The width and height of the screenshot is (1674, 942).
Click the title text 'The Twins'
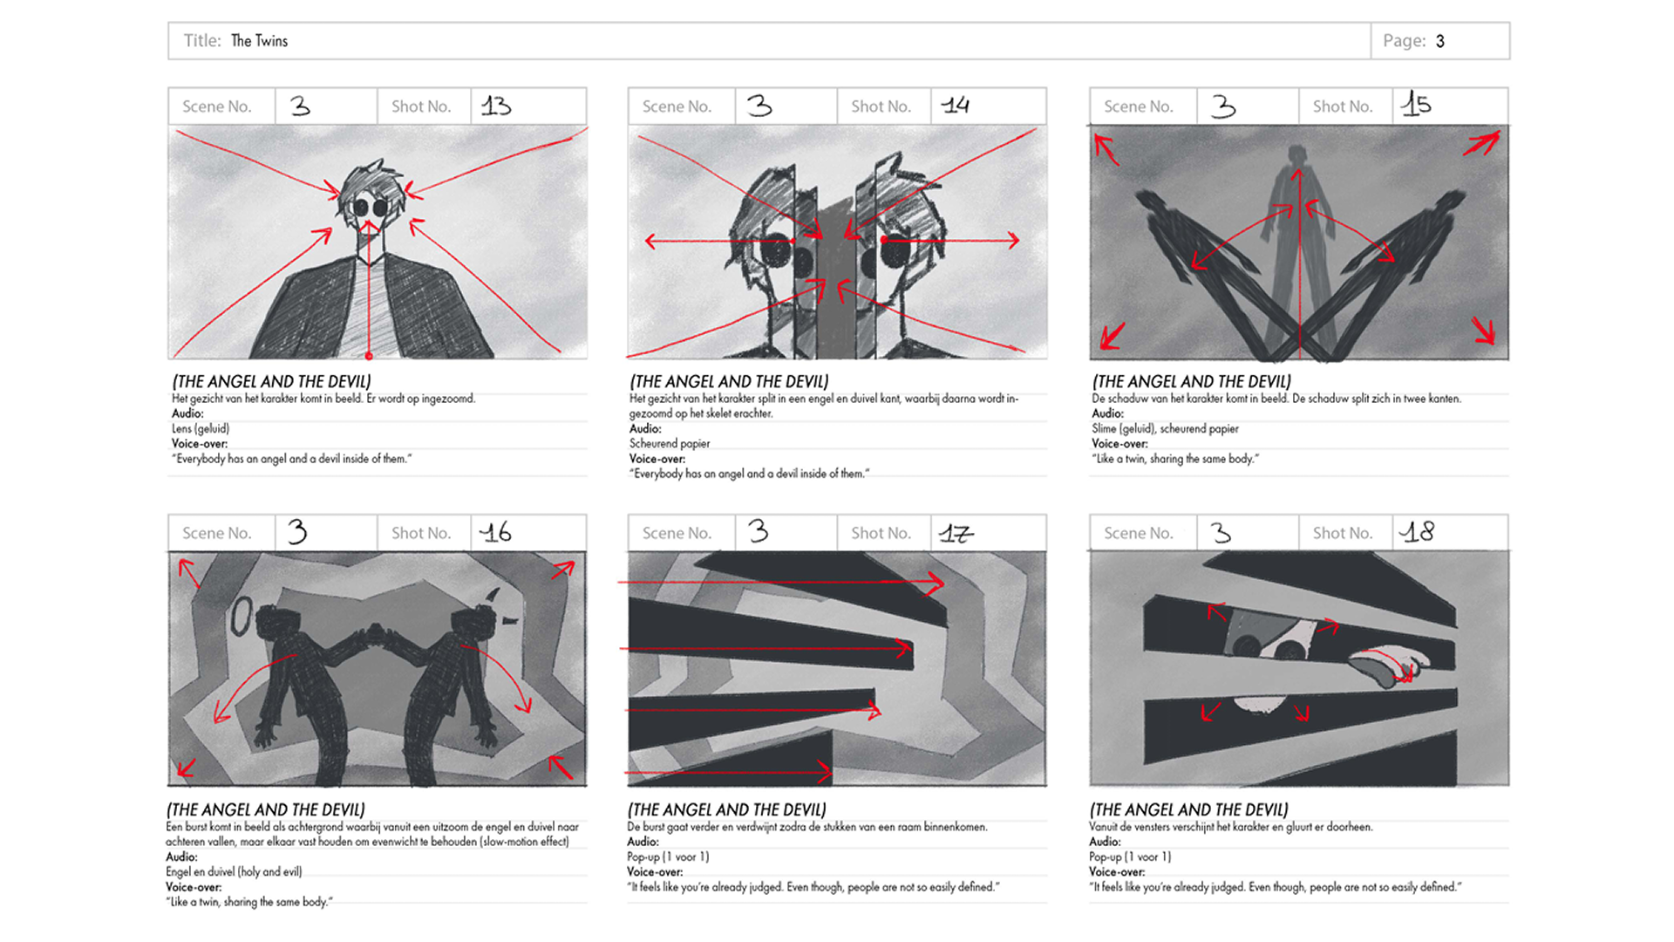[x=259, y=41]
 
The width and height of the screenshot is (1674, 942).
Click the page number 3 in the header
[x=1440, y=41]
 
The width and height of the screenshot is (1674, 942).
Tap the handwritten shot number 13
[x=496, y=106]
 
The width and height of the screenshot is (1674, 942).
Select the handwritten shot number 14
[x=956, y=106]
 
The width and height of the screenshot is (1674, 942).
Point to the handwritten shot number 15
[x=1416, y=105]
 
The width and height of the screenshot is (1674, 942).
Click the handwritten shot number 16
[x=496, y=532]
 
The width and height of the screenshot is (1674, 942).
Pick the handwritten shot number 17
[x=956, y=532]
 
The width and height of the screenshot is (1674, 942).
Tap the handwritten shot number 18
[x=1418, y=531]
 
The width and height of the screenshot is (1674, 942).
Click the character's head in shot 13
[x=372, y=196]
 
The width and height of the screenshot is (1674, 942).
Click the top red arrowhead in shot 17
[x=935, y=582]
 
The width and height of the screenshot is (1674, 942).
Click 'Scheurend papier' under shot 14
[x=670, y=444]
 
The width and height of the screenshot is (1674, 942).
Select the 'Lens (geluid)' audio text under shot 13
[x=201, y=429]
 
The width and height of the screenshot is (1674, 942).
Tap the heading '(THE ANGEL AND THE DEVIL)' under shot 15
[x=1191, y=382]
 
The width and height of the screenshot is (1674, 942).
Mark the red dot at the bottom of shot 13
[x=369, y=356]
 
